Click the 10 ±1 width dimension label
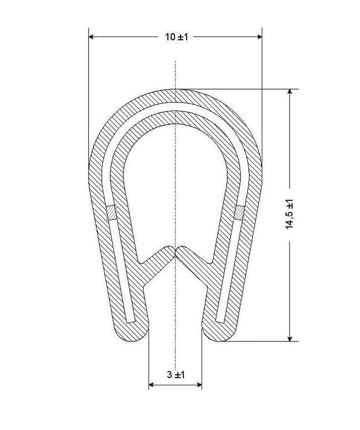point(176,37)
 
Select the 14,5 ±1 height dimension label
point(290,214)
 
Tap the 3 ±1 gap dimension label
point(176,374)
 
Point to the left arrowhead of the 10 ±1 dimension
point(91,37)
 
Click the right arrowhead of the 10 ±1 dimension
point(260,37)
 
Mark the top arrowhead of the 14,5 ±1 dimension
point(290,91)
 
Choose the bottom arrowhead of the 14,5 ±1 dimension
point(290,339)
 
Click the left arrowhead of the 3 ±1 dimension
point(151,385)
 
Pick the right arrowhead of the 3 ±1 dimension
point(199,385)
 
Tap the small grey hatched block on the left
point(112,212)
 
